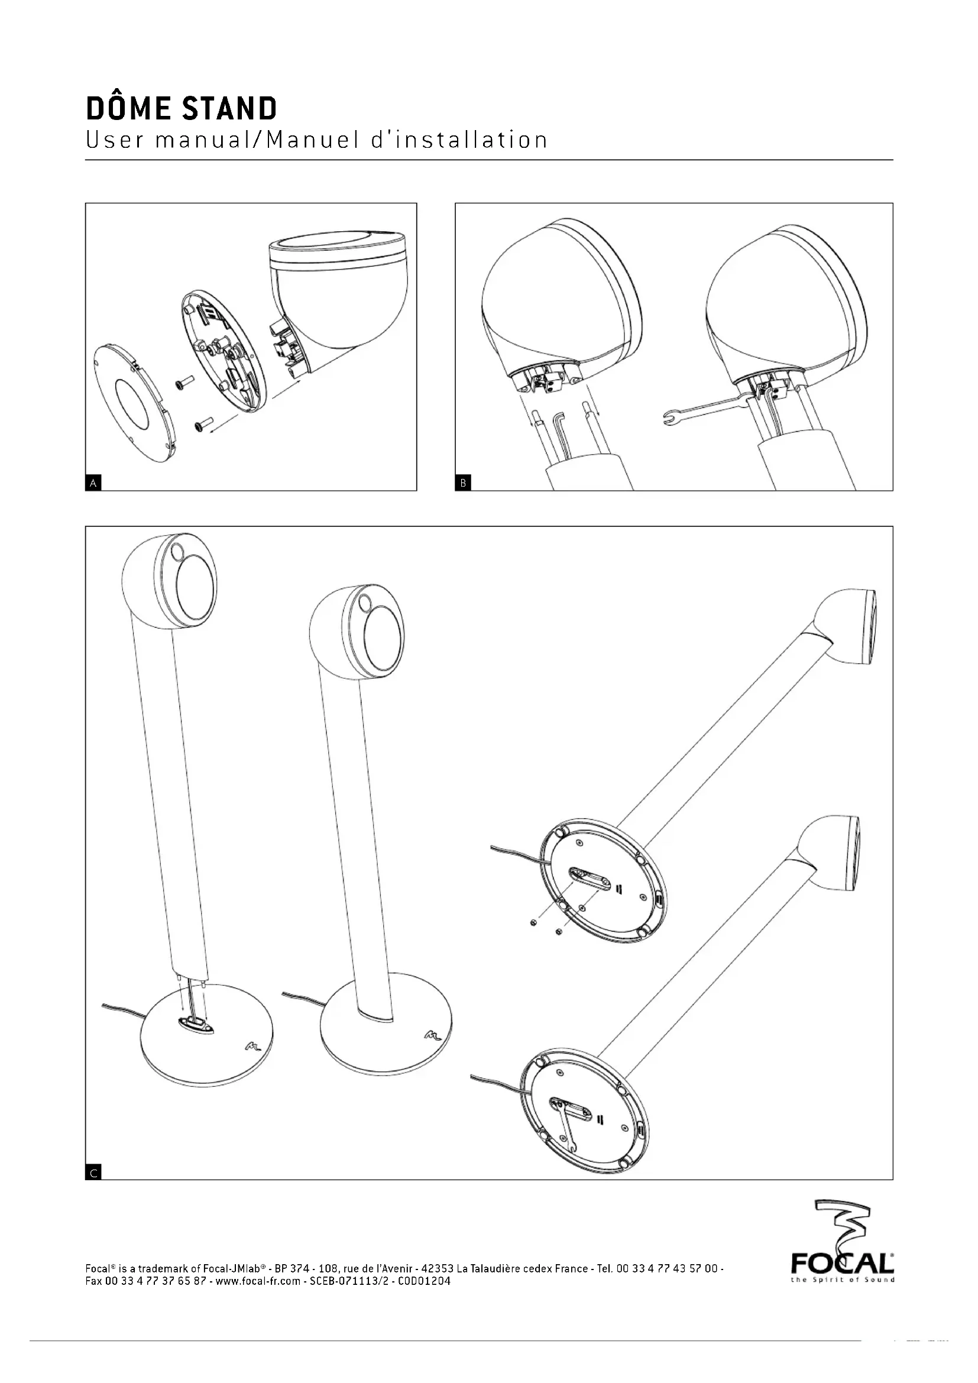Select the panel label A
(x=93, y=482)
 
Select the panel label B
(x=463, y=482)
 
